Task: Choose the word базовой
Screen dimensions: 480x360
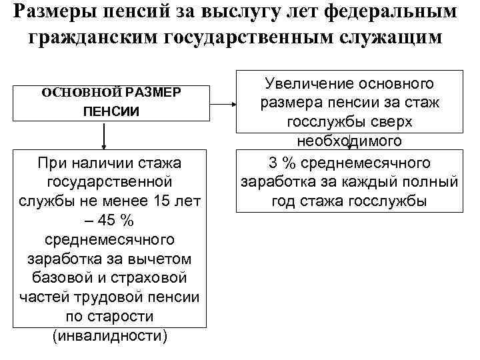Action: click(x=66, y=277)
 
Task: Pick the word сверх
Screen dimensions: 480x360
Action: click(x=392, y=122)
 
